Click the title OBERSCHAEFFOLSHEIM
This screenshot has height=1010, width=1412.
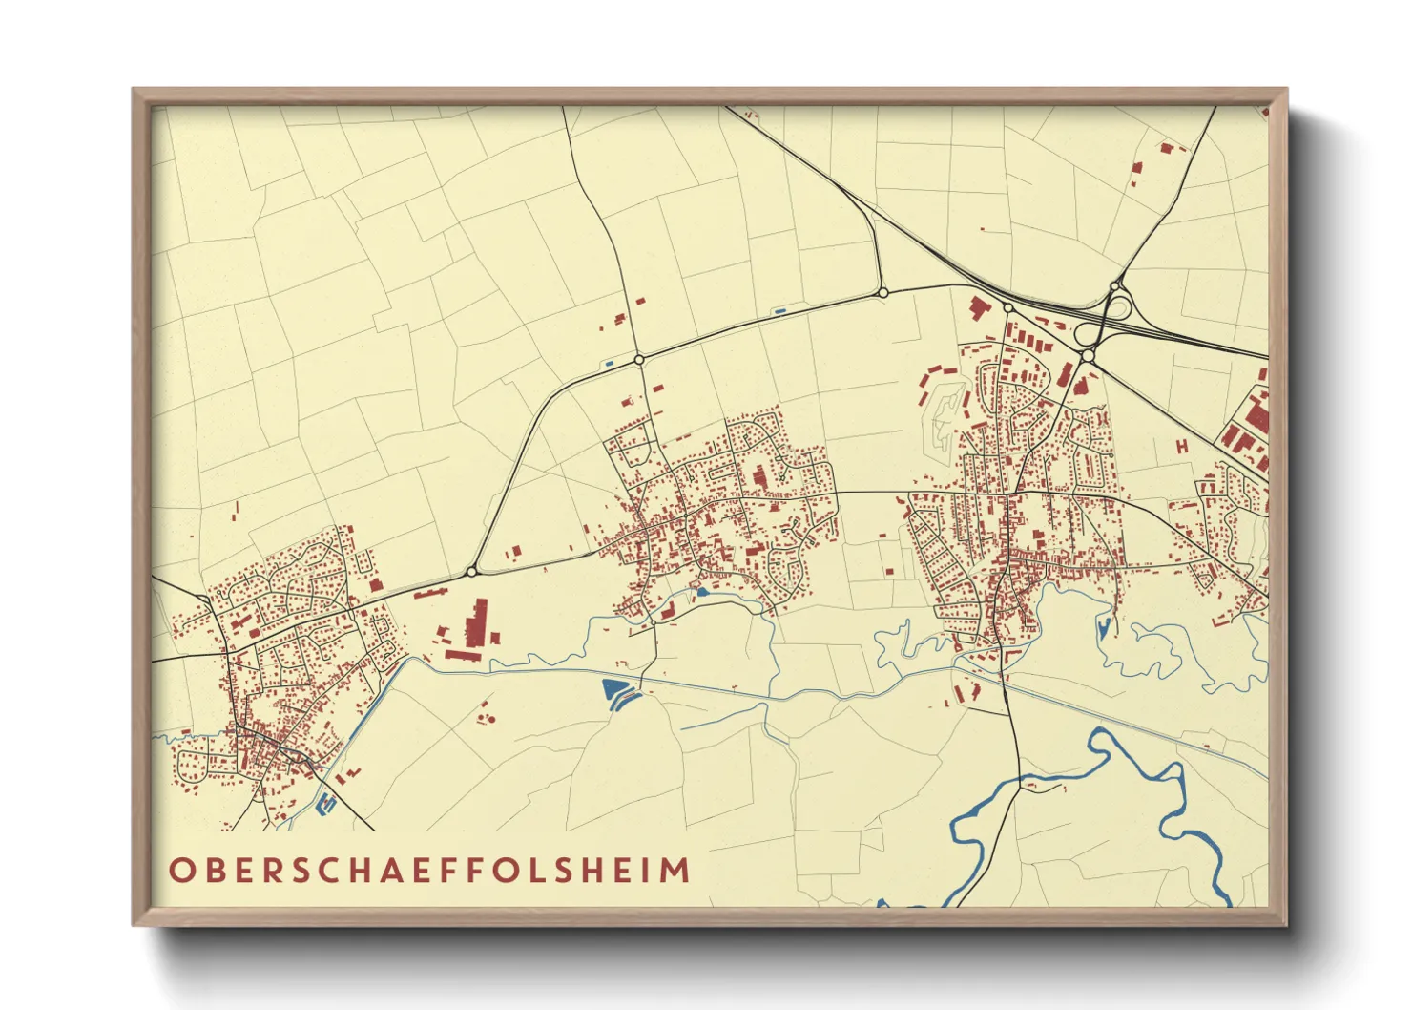(x=429, y=871)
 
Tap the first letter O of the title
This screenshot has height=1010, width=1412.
(x=180, y=871)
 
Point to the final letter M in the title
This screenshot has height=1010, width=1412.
(x=675, y=871)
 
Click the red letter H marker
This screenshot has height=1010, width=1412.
(x=1181, y=446)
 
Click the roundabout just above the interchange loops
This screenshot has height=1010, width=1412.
(x=1114, y=285)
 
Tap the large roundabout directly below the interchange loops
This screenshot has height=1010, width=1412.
(x=1087, y=356)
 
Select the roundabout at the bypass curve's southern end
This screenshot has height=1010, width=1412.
(x=471, y=572)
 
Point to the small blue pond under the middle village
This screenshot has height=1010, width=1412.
(x=703, y=593)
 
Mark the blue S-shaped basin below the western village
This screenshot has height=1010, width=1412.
(x=327, y=805)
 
